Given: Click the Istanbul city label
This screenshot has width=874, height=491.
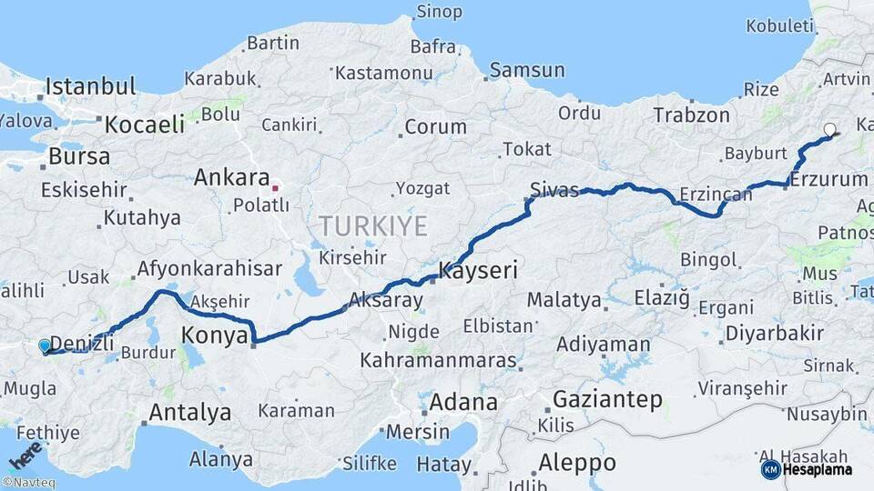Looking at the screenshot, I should click(90, 87).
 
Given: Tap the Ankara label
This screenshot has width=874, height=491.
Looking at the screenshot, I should click(231, 177).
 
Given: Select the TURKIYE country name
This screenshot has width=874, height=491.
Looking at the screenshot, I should click(372, 226).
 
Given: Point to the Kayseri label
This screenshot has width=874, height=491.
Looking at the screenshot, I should click(478, 270).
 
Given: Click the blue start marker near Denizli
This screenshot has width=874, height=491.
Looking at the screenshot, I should click(45, 346).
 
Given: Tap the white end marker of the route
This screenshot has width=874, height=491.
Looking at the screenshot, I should click(829, 130).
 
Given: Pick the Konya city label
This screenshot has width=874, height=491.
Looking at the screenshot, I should click(215, 336).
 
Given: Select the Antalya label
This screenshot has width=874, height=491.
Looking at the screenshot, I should click(189, 413).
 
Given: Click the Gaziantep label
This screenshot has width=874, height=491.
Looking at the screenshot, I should click(607, 399).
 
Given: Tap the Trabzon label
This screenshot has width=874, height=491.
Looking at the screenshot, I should click(691, 115).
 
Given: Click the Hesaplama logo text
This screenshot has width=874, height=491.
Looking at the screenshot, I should click(819, 469).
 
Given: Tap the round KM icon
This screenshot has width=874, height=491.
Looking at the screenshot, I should click(770, 469).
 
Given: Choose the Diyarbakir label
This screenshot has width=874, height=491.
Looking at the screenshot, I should click(774, 333).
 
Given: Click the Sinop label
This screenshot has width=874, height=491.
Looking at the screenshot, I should click(439, 12).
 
